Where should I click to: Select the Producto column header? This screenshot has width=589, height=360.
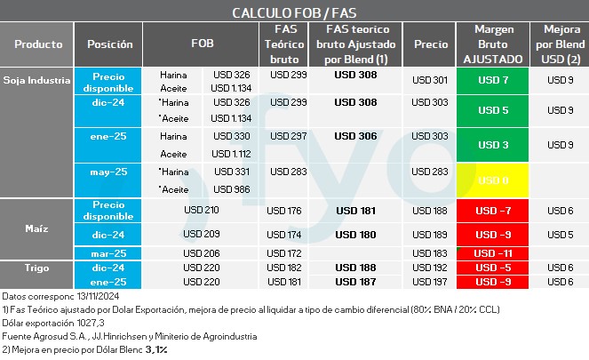tap(38, 44)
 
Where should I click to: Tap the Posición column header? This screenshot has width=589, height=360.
tap(110, 44)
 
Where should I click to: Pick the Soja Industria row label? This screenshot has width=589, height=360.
tap(37, 80)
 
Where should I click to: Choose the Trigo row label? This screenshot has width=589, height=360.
tap(37, 268)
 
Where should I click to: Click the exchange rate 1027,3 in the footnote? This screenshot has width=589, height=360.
tap(85, 323)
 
